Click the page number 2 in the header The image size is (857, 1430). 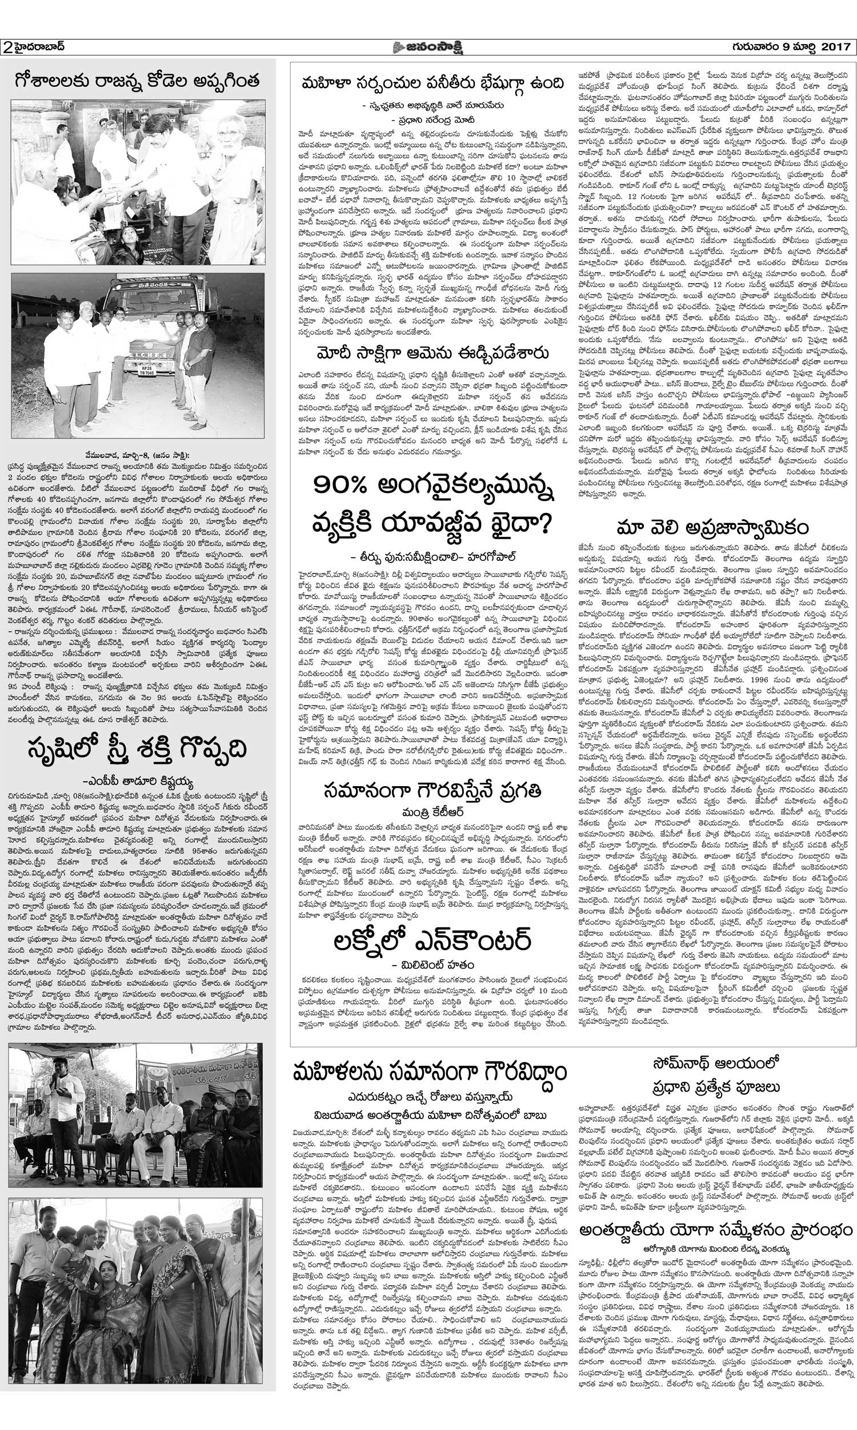coord(8,47)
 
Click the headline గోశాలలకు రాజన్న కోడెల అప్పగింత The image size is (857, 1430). coord(137,80)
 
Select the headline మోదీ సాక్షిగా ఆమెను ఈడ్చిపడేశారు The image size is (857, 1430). coord(428,353)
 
